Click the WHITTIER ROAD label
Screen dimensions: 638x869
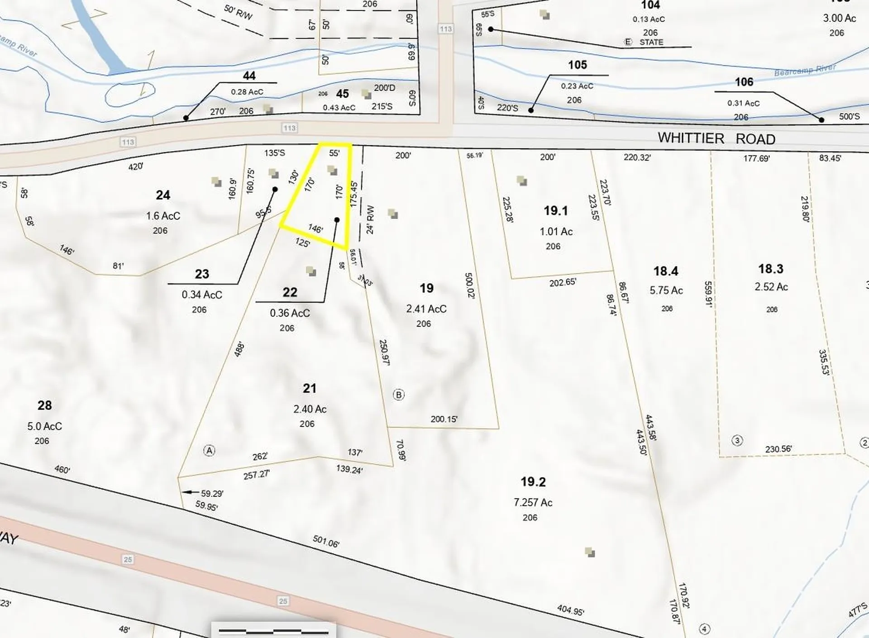(x=716, y=138)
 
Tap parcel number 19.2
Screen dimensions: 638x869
(x=533, y=482)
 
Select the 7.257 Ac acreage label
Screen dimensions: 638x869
(x=533, y=502)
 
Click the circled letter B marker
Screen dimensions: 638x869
(x=398, y=395)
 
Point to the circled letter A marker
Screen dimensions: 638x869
(x=209, y=450)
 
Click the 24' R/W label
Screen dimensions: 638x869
(x=370, y=220)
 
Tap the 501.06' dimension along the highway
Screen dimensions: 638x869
(x=326, y=541)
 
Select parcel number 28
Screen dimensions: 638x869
(x=44, y=405)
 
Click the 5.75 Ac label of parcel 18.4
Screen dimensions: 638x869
(x=666, y=290)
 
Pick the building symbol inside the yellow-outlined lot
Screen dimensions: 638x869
(x=333, y=171)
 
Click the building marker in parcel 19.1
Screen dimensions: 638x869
(x=522, y=181)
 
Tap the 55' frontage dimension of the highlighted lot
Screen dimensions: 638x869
(x=334, y=153)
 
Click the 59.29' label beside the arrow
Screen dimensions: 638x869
(x=212, y=493)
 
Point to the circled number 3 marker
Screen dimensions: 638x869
(x=737, y=440)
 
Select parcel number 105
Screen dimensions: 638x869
(x=577, y=65)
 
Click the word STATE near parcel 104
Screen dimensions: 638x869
(x=651, y=42)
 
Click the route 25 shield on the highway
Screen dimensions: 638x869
(x=128, y=560)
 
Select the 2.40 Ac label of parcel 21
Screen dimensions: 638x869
(x=310, y=409)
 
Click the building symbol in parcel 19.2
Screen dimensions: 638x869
(x=589, y=552)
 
